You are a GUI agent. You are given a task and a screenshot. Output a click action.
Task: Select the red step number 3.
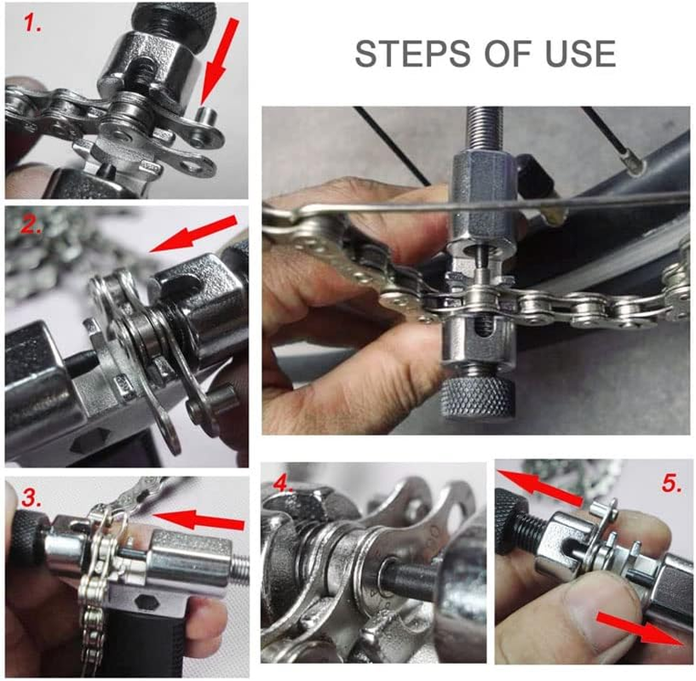pyautogui.click(x=32, y=498)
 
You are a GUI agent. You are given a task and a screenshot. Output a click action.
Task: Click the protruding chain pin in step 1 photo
pyautogui.click(x=204, y=115)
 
